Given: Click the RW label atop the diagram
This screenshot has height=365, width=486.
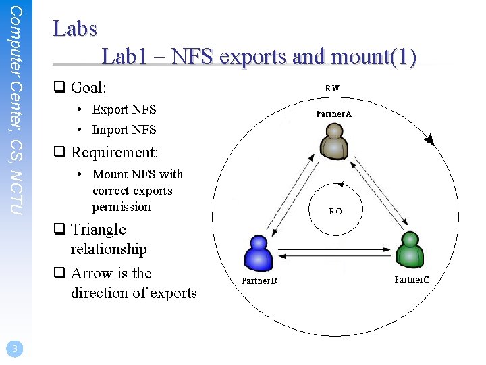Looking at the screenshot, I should pos(333,88).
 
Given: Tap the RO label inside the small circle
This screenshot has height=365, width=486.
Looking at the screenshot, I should pos(335,211).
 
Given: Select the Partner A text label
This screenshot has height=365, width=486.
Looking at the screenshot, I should pos(333,114).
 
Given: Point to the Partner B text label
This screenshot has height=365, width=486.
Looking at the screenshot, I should pos(260,280).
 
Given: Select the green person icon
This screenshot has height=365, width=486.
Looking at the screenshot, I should pos(409,249).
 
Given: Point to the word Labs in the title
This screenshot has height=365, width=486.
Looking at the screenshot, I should pos(75,30).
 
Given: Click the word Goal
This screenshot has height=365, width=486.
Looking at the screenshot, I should pos(88,88).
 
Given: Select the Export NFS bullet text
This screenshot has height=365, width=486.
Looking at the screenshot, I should pos(124,109).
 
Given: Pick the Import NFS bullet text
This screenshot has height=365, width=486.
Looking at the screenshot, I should pos(124,130).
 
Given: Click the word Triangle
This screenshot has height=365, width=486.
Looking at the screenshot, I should pos(99,230).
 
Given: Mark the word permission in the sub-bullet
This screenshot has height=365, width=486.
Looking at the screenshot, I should pos(122,207).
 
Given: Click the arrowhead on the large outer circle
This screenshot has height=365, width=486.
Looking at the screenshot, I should pos(429,140).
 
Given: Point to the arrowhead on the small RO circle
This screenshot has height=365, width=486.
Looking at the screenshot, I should pos(341,184).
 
